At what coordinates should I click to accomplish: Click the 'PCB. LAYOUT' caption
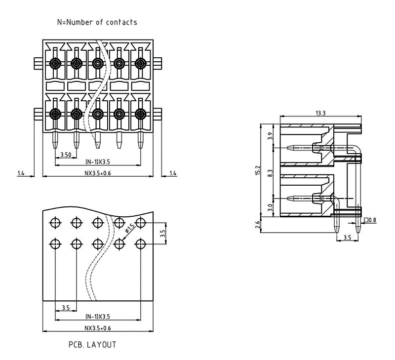coord(92,345)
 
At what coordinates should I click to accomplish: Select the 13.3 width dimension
coord(320,114)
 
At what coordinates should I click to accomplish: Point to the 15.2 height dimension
coord(265,170)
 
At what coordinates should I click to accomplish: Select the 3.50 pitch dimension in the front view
coord(65,155)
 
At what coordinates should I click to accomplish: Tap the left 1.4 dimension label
coord(20,173)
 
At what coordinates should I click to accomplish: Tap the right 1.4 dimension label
coord(172,173)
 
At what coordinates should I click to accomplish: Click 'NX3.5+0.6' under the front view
coord(97,173)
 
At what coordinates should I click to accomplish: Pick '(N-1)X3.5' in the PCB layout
coord(97,316)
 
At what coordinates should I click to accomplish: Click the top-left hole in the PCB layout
coord(55,222)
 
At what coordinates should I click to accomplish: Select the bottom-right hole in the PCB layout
coord(141,243)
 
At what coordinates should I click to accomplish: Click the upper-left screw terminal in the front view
coord(55,63)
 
